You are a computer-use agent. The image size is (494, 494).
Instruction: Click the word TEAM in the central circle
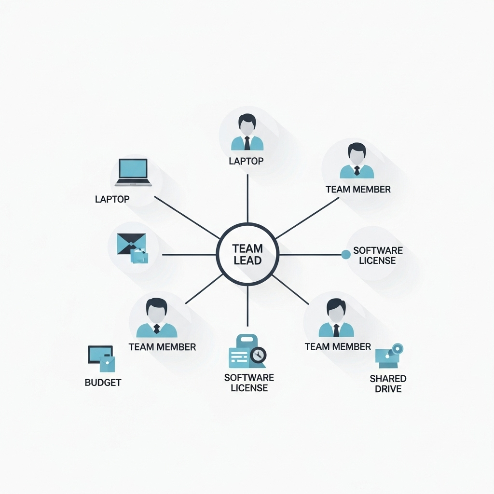tap(247, 249)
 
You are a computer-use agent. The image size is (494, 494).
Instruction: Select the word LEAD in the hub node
tap(247, 261)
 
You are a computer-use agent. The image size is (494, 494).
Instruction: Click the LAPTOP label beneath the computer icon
tap(112, 199)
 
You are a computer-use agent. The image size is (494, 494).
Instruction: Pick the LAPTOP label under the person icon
tap(247, 161)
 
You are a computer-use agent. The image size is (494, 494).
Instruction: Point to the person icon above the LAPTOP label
tap(247, 132)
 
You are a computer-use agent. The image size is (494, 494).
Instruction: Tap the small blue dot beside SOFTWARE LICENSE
tap(346, 254)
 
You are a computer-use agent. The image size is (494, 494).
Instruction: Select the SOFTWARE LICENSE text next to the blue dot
tap(378, 256)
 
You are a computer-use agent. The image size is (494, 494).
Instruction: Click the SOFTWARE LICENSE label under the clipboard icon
tap(249, 383)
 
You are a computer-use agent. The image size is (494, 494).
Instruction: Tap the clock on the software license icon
tap(259, 355)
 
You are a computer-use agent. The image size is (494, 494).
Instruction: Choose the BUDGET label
tap(103, 383)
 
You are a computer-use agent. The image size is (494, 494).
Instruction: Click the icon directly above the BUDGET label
tap(101, 358)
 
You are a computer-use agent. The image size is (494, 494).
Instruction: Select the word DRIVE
tap(388, 389)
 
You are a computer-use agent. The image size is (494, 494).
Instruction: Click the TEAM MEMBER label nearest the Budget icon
tap(162, 347)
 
